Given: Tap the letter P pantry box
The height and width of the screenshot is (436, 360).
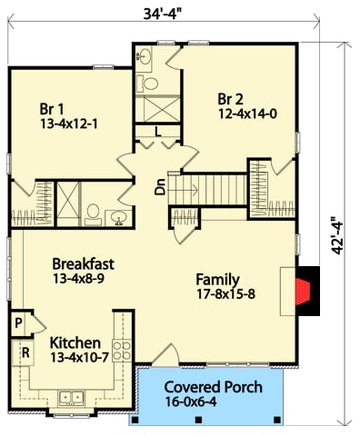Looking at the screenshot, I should pyautogui.click(x=18, y=322).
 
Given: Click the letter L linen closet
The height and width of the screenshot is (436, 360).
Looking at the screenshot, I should pyautogui.click(x=157, y=133).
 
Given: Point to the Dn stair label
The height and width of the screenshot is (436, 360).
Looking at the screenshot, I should pyautogui.click(x=160, y=190).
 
